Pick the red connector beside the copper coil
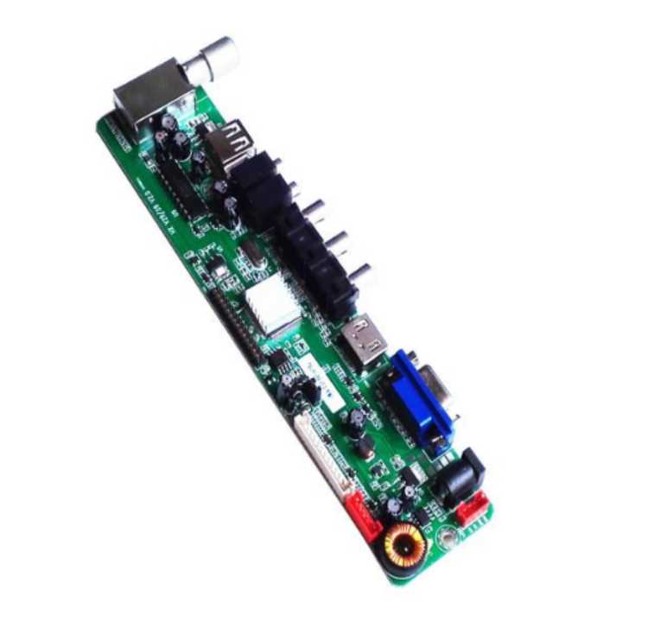pyautogui.click(x=363, y=517)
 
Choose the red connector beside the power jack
pyautogui.click(x=473, y=512)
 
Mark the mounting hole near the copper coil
pyautogui.click(x=447, y=541)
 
